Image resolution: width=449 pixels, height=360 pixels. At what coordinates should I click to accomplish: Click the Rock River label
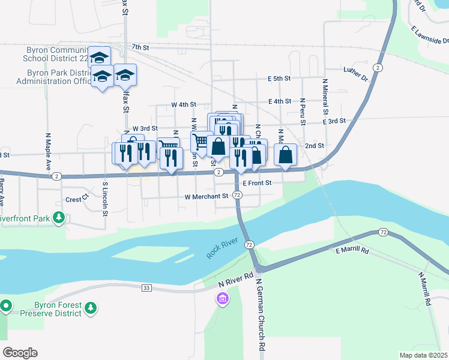click(x=223, y=246)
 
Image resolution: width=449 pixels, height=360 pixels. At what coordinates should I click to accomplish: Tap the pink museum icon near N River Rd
click(x=223, y=298)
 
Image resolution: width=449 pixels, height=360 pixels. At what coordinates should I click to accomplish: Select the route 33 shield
click(x=146, y=289)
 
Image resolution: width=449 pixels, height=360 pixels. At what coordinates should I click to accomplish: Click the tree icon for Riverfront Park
click(x=59, y=217)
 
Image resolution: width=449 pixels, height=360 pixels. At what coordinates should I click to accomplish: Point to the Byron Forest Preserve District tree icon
click(x=91, y=308)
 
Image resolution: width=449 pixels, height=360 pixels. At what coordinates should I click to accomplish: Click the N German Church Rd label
click(x=260, y=314)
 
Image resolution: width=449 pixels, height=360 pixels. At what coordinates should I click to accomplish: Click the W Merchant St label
click(x=206, y=196)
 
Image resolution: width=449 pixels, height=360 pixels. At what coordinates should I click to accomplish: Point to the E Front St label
click(x=259, y=182)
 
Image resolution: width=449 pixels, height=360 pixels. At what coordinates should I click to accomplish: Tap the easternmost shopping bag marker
click(x=286, y=155)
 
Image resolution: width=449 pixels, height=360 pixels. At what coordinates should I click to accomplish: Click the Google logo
click(x=19, y=353)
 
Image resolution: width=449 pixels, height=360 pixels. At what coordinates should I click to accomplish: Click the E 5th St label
click(x=279, y=79)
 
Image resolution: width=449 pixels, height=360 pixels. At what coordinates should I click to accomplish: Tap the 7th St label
click(x=140, y=47)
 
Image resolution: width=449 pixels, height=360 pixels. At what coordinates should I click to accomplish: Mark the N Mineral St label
click(x=325, y=97)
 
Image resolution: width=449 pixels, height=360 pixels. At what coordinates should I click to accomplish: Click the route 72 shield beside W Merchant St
click(x=238, y=196)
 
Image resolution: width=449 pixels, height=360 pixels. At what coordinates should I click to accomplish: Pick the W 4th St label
click(x=184, y=104)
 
